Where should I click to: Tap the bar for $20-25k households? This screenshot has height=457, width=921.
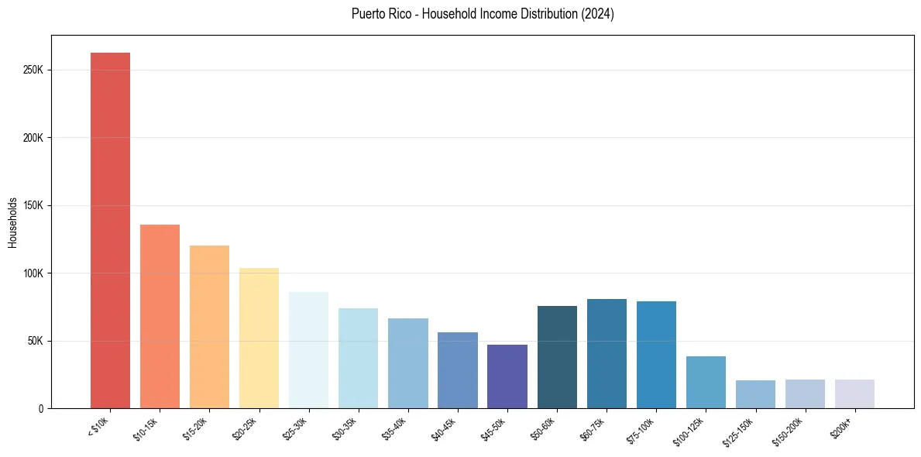pyautogui.click(x=259, y=338)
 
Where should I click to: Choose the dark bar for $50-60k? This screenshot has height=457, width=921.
pyautogui.click(x=557, y=357)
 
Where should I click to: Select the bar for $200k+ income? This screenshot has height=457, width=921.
pyautogui.click(x=854, y=393)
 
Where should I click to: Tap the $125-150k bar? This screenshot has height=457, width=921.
pyautogui.click(x=755, y=394)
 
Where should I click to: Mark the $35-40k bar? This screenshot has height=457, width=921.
pyautogui.click(x=408, y=363)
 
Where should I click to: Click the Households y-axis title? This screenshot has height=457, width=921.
pyautogui.click(x=13, y=222)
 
